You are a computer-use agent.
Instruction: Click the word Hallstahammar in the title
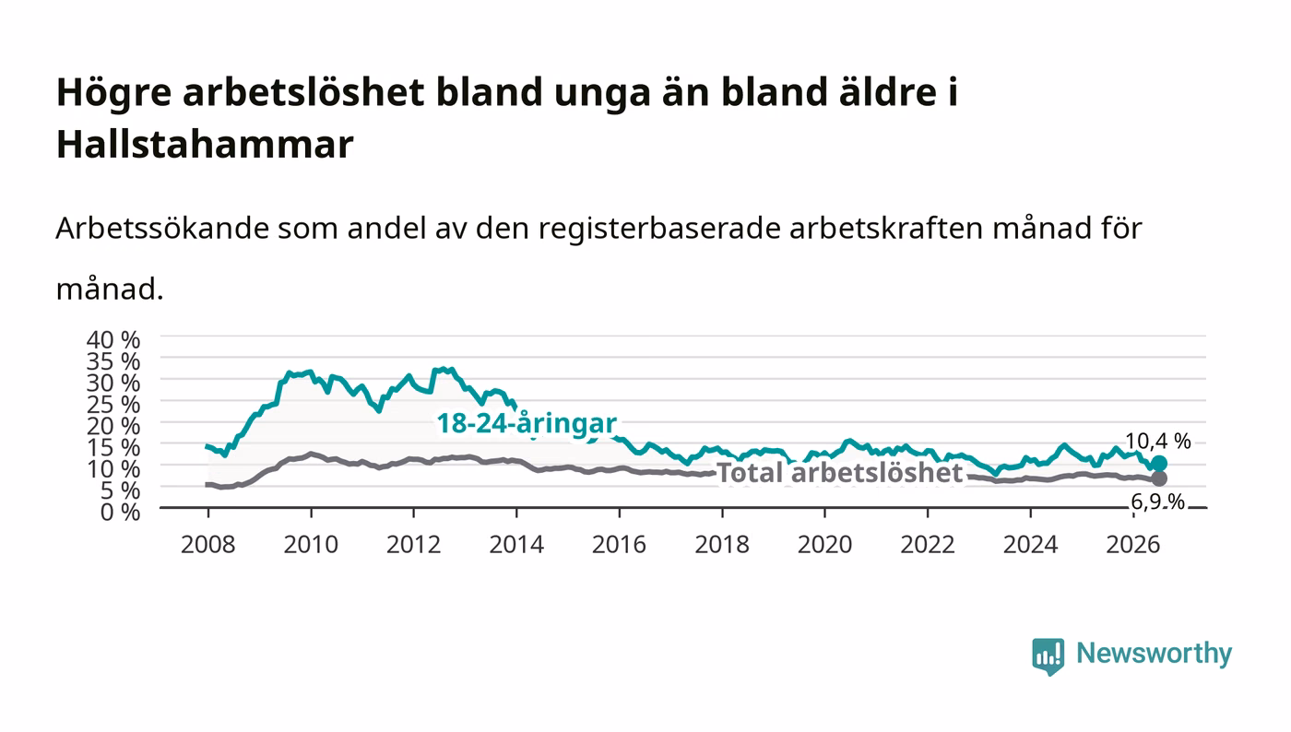point(205,144)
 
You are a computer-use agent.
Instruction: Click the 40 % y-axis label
point(113,340)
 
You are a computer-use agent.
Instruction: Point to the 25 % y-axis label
point(113,405)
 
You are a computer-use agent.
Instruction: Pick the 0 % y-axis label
point(120,512)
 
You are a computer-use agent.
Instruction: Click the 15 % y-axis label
point(113,448)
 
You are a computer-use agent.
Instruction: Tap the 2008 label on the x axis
point(208,545)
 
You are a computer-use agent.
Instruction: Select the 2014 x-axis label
point(516,545)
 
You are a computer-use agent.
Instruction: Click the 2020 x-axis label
point(824,545)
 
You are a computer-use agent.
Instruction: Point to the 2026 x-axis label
point(1133,545)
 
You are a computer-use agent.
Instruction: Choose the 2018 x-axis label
point(722,545)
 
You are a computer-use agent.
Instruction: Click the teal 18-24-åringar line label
point(527,424)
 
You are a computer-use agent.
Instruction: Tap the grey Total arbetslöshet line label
point(840,473)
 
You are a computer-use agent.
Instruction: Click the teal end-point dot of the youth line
point(1159,464)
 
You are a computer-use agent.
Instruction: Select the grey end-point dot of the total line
point(1159,478)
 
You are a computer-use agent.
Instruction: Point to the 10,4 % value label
point(1158,442)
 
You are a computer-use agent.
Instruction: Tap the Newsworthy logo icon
point(1048,656)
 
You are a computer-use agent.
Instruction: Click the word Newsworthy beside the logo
point(1155,654)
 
